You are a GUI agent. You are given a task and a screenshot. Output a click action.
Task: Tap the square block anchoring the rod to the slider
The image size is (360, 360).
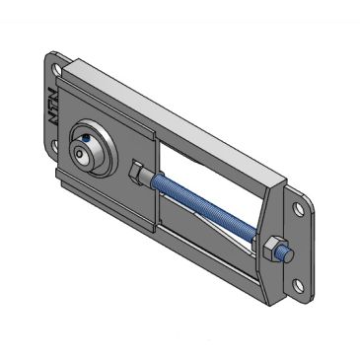pos(139,172)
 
